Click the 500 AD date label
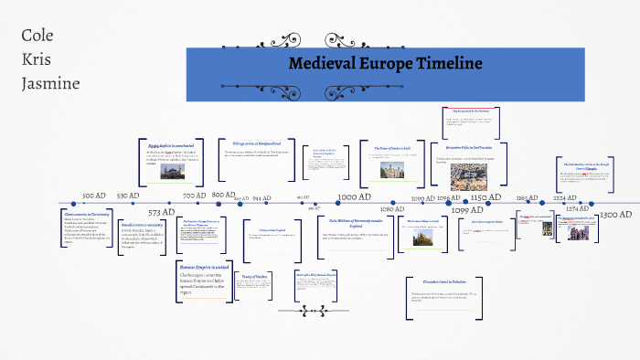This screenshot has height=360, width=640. (94, 196)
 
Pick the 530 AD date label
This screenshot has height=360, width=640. (127, 195)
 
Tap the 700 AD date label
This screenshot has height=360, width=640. (194, 196)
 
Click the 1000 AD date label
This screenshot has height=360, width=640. (354, 196)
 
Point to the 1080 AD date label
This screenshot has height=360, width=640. (392, 210)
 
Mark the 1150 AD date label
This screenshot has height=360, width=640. (485, 196)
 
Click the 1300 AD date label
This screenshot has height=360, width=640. (616, 213)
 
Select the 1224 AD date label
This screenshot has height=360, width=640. (565, 196)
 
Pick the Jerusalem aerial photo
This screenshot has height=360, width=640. (468, 175)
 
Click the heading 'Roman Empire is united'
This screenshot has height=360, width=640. (202, 266)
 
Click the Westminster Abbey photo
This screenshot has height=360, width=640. (421, 238)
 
